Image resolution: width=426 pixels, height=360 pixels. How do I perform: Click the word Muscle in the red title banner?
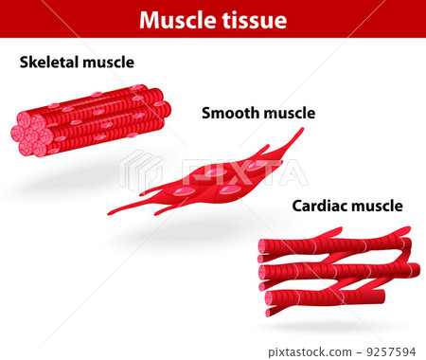pos(176,20)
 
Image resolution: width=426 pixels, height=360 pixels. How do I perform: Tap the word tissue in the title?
pos(252,20)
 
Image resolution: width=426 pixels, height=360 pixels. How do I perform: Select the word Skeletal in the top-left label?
pos(51,63)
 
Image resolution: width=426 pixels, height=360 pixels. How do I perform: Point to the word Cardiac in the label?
pos(320,206)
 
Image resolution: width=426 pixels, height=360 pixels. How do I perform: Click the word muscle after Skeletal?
pos(109,63)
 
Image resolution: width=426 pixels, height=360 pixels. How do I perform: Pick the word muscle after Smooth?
pos(289,114)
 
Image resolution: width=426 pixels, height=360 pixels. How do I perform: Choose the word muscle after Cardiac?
pos(377,206)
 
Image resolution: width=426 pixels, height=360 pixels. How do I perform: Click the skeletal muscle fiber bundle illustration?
pos(95,118)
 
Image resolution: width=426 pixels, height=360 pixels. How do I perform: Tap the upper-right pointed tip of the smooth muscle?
pos(300,132)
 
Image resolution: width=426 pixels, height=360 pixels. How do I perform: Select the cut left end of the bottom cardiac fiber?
pos(271,308)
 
